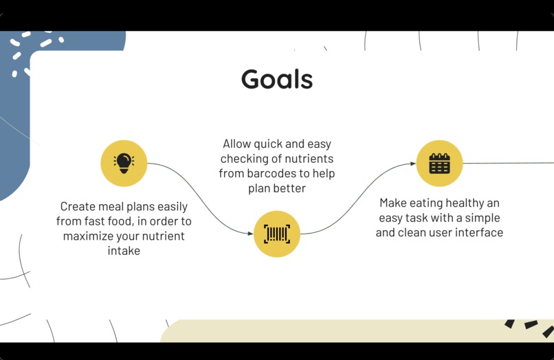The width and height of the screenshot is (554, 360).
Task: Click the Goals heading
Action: pos(277,80)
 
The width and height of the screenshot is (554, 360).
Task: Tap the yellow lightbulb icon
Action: pos(124,163)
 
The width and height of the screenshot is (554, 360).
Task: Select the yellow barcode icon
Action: pos(277,234)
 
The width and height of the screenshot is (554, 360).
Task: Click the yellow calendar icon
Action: pos(439,164)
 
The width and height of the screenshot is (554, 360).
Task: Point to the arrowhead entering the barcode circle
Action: pos(250,234)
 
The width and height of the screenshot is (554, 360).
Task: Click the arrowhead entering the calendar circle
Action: pos(412,164)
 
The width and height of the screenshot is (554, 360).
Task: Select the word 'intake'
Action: pos(124,251)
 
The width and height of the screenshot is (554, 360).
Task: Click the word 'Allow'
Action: pos(237,144)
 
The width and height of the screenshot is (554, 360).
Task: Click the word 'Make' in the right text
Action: pos(394,203)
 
